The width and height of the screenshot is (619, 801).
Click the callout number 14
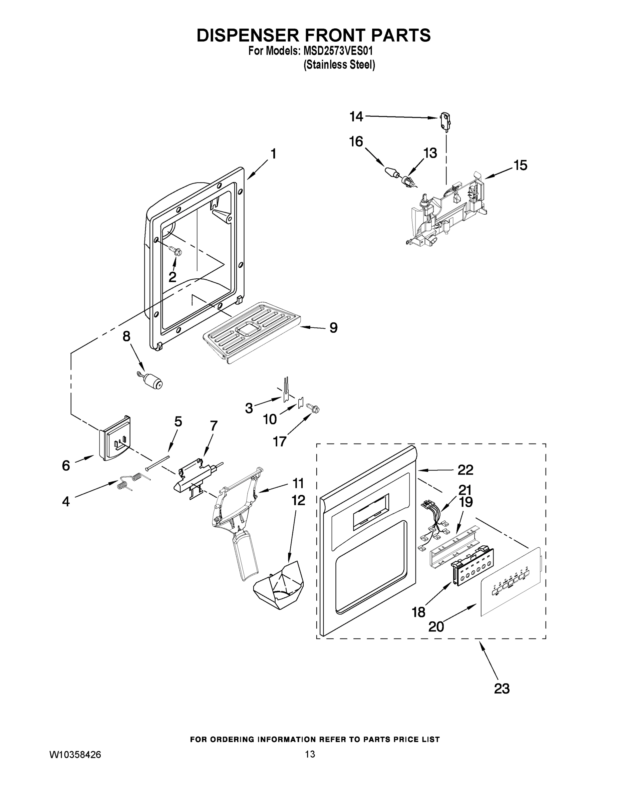(x=356, y=116)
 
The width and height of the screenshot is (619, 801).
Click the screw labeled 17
(x=313, y=407)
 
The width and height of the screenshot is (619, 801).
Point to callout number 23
(x=502, y=689)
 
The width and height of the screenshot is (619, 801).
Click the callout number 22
(x=465, y=470)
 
